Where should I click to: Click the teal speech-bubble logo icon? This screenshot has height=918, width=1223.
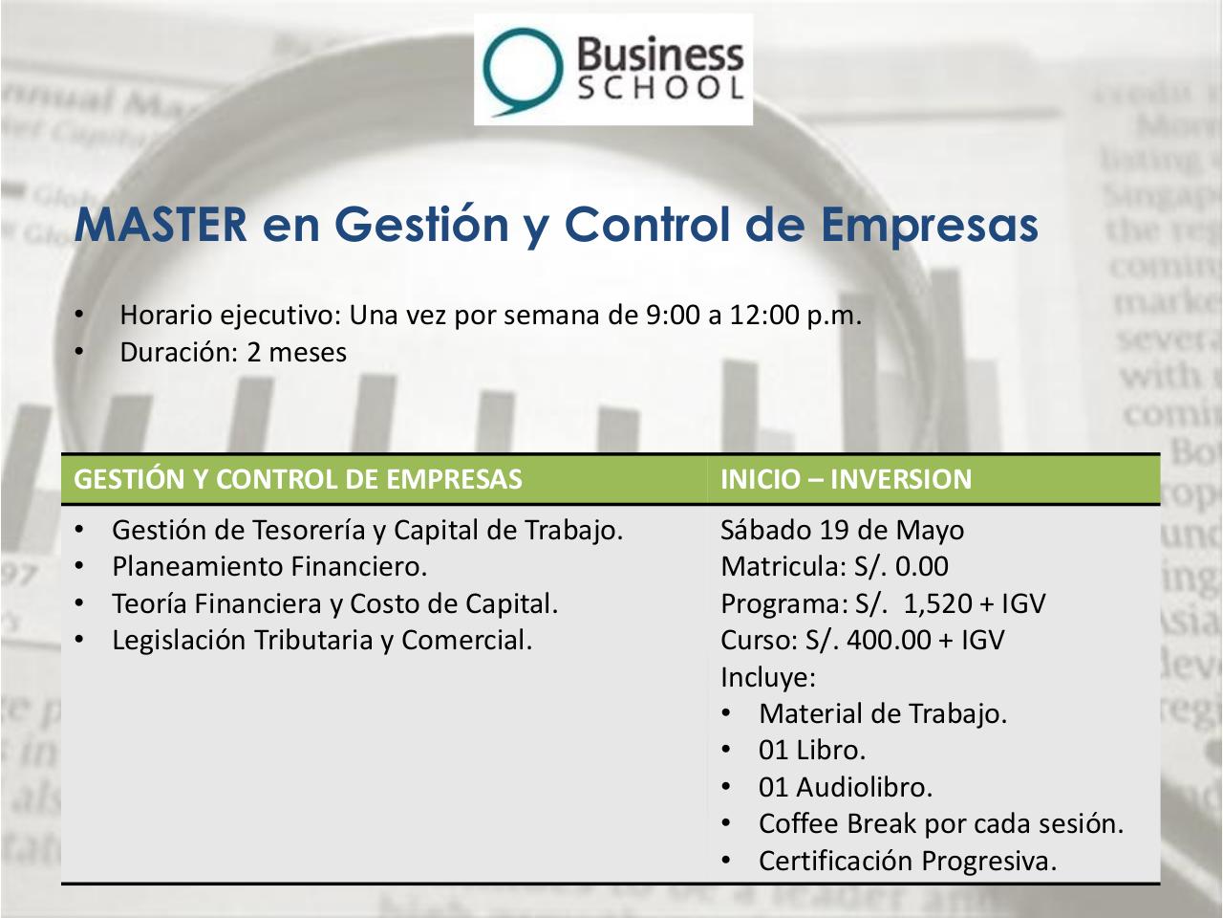coord(523,69)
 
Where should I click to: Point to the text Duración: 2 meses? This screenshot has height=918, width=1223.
coord(232,352)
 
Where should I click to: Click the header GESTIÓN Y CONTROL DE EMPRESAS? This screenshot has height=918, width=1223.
coord(298,479)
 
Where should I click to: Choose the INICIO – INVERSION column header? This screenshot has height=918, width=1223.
coord(846,479)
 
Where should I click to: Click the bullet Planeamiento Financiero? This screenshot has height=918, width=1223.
coord(269,567)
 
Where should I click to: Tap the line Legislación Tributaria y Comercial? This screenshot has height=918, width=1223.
coord(322,640)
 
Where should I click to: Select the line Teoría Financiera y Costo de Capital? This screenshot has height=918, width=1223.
coord(334,603)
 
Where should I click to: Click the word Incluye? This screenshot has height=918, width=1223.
coord(767,677)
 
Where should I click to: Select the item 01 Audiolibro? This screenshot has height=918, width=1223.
coord(845,787)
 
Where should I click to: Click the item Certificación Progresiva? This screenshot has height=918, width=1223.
coord(908,861)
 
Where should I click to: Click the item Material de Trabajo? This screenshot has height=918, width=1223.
coord(882,713)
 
